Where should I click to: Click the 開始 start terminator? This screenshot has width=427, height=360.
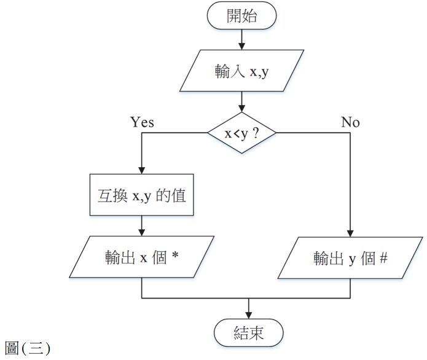pyautogui.click(x=241, y=17)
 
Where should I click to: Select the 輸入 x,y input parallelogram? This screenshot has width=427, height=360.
pyautogui.click(x=241, y=71)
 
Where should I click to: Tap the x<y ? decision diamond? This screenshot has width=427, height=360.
pyautogui.click(x=241, y=133)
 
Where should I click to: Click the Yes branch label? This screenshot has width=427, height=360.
pyautogui.click(x=142, y=122)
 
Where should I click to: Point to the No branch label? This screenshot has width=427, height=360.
pyautogui.click(x=350, y=122)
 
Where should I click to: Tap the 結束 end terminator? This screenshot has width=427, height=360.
pyautogui.click(x=249, y=333)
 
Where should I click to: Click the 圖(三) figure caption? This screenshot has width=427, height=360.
pyautogui.click(x=28, y=348)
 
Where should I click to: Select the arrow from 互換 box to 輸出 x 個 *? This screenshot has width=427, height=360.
pyautogui.click(x=142, y=226)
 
